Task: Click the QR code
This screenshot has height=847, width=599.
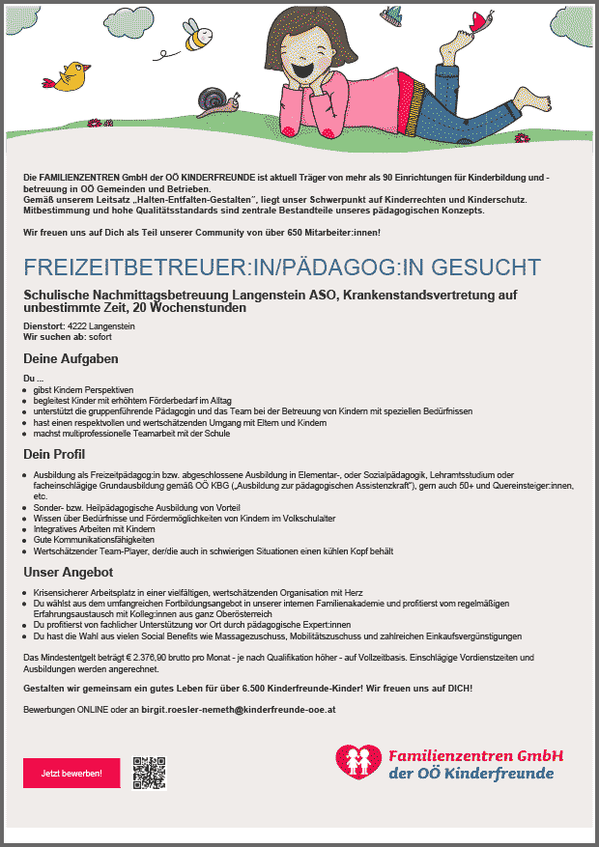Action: click(x=151, y=772)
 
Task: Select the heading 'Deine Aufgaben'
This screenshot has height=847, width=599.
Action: click(x=71, y=358)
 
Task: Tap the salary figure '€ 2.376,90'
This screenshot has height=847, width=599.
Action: click(x=131, y=656)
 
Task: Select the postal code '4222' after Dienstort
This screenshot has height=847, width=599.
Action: click(x=78, y=326)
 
